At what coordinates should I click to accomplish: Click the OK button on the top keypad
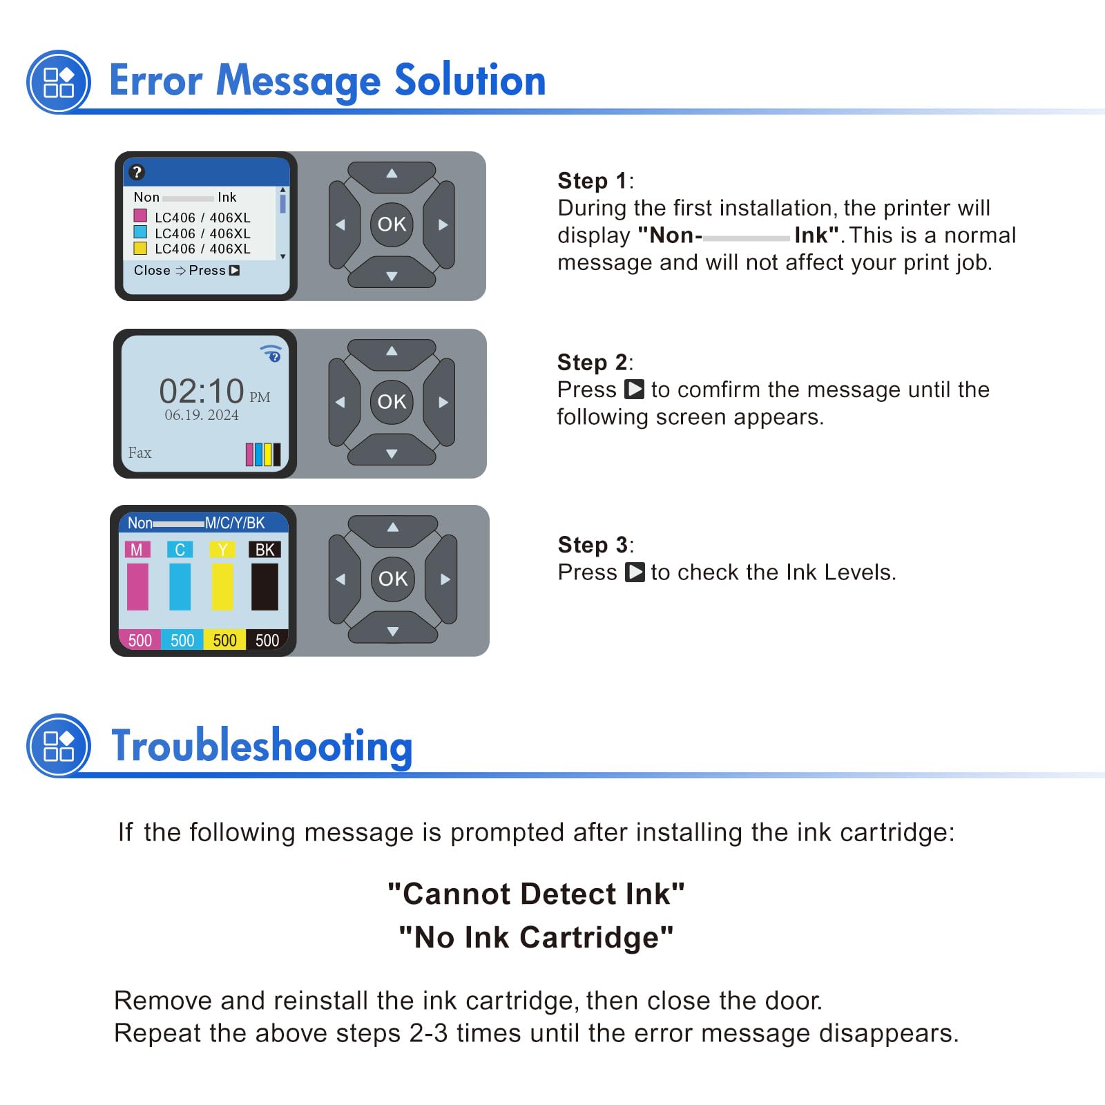392,224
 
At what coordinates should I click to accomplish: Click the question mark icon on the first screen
137,172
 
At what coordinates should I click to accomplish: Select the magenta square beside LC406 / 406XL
140,215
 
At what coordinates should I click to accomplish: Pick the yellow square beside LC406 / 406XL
140,248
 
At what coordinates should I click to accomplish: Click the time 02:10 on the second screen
202,391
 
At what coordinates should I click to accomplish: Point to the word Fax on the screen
140,453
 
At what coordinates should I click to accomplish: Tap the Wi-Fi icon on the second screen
271,353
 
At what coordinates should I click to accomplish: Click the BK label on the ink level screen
265,550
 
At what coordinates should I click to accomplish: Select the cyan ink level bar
180,586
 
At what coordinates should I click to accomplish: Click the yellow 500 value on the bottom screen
224,640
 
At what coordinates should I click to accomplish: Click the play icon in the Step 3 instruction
635,573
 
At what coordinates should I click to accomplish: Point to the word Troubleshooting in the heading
262,747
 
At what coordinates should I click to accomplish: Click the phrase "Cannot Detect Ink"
536,894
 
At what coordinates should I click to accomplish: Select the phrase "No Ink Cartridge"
536,937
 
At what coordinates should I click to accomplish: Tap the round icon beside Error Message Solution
59,82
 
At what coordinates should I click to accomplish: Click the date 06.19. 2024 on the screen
202,415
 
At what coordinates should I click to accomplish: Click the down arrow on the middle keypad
392,452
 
